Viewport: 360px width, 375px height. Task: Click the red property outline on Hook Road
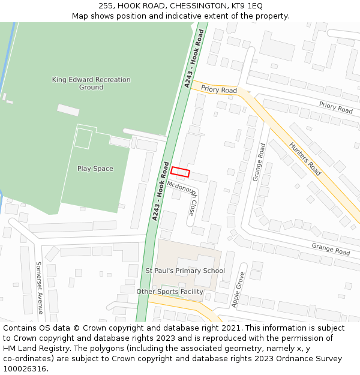[180, 172]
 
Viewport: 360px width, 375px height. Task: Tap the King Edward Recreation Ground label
[91, 83]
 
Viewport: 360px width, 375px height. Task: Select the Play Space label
[95, 169]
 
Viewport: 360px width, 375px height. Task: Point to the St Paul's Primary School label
[185, 271]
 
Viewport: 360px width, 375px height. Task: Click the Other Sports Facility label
[170, 292]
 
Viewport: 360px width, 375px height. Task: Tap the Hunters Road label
[305, 158]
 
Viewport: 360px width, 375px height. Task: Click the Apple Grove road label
[238, 290]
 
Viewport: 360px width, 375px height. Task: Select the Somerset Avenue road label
[39, 287]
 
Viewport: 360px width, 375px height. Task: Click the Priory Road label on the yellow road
[219, 89]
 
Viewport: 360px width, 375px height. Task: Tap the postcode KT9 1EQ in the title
[248, 5]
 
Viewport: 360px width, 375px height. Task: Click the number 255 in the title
[107, 5]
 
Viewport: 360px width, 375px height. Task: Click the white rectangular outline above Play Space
[83, 138]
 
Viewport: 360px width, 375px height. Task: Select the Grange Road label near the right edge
[331, 248]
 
